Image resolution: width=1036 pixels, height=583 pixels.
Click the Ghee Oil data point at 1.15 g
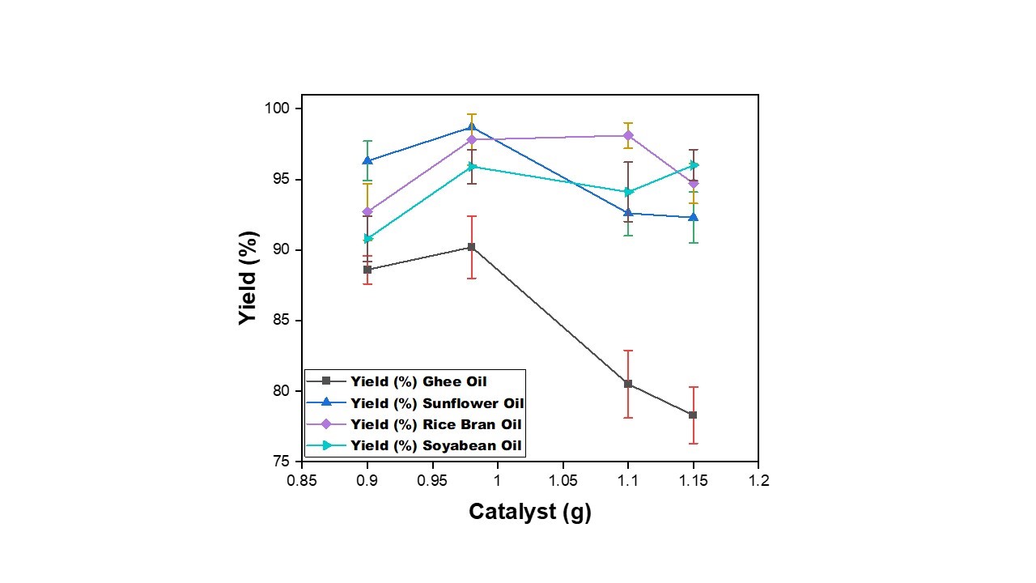693,415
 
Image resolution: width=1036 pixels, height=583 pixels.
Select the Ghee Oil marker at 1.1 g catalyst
628,384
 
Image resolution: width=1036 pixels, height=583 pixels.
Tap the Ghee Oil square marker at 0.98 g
471,247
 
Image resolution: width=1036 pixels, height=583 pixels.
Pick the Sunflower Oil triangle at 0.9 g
367,160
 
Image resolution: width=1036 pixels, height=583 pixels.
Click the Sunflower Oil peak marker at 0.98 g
471,127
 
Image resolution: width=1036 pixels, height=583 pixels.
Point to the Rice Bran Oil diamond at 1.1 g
628,135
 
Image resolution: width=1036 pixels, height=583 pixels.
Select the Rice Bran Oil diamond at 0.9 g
367,211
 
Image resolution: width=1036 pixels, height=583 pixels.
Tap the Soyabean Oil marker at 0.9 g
367,239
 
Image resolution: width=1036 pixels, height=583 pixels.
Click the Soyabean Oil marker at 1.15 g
694,165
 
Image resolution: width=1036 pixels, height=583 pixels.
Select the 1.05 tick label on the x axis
563,481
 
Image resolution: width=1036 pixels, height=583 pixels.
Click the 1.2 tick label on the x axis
758,481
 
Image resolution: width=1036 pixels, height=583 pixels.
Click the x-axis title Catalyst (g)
530,512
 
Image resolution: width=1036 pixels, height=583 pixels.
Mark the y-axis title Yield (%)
248,279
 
